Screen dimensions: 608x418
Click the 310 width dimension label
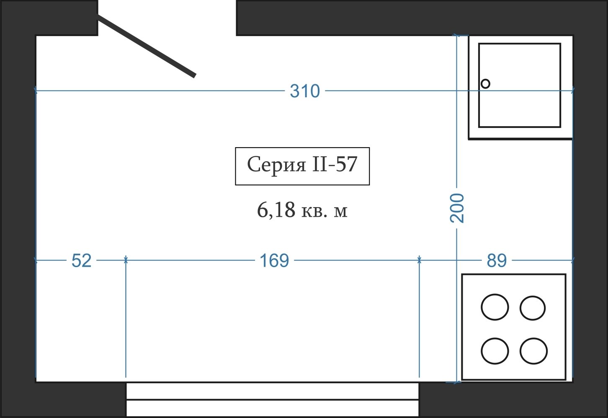305,91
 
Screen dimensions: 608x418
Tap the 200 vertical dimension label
457,208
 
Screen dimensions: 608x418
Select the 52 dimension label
81,260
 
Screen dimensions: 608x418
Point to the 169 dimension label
274,260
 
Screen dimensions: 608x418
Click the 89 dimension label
497,260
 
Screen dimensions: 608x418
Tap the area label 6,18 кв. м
302,210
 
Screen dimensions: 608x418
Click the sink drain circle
485,83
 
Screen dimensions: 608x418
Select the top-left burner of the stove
495,307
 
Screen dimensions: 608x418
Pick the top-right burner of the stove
533,308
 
